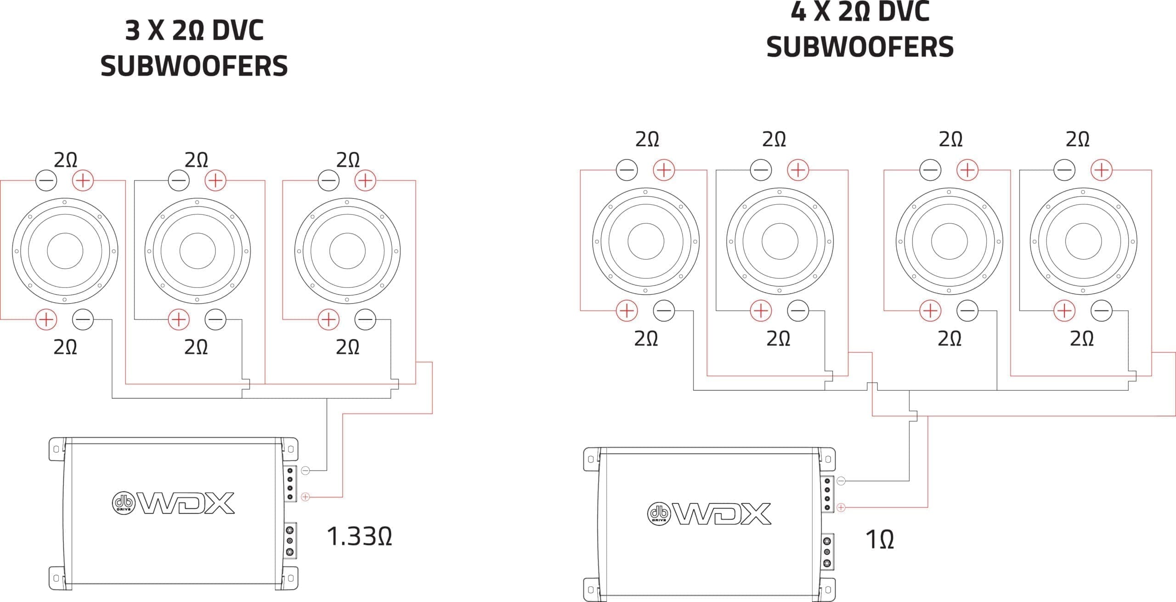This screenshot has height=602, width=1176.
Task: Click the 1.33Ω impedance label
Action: pos(359,536)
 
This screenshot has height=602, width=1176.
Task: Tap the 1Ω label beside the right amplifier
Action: pos(879,540)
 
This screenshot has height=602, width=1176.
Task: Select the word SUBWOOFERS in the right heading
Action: pos(860,47)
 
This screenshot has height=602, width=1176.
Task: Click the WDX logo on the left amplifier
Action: pos(174,503)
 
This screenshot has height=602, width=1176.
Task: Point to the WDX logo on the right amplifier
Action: pos(709,513)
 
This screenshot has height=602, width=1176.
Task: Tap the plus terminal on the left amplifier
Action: pos(305,497)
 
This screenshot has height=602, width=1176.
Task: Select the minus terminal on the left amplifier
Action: pos(305,470)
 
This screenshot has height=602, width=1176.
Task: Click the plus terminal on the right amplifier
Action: pos(841,507)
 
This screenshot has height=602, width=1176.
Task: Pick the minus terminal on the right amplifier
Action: pos(841,481)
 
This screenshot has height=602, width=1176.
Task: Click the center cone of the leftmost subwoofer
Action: pos(65,251)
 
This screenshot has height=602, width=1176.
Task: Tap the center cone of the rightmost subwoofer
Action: pos(1083,241)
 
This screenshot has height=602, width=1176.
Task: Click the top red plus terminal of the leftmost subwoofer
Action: pos(83,180)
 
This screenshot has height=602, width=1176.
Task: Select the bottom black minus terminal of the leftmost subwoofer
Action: pos(83,319)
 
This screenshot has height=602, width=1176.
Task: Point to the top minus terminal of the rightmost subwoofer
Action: pos(1064,170)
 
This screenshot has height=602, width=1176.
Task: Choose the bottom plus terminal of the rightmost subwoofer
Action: pos(1064,311)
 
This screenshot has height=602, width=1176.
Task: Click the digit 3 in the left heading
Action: pos(133,31)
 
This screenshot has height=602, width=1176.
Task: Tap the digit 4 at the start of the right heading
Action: pos(798,11)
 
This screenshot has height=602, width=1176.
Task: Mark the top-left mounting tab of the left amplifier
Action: pos(57,449)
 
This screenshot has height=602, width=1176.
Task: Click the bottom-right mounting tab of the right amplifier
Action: pos(827,590)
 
